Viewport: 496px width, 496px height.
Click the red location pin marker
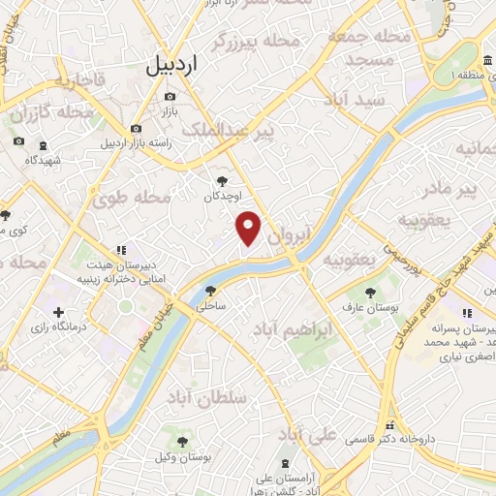coord(250,228)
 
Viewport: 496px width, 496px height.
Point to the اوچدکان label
coord(224,197)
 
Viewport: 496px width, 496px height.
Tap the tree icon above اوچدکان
coord(224,180)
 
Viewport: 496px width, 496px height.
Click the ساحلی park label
coord(211,306)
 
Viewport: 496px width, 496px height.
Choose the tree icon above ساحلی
coord(211,290)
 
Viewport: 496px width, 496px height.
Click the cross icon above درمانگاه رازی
coord(59,312)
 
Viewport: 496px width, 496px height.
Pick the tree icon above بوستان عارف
coord(370,291)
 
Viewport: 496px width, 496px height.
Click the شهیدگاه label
coord(44,159)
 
